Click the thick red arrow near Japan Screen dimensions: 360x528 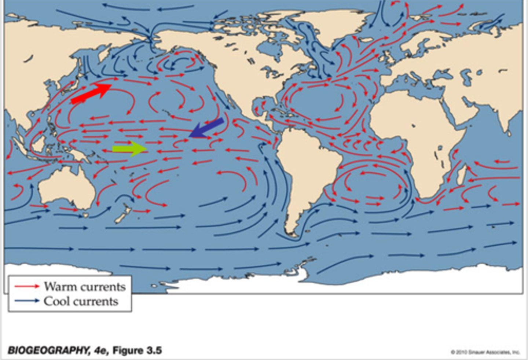coord(91,93)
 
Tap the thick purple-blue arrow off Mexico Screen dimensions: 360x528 coord(208,128)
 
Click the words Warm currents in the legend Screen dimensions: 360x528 coord(85,287)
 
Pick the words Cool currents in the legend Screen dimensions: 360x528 coord(81,301)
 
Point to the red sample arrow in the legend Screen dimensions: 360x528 coord(27,286)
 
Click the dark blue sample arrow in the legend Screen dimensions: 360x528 coord(27,301)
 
